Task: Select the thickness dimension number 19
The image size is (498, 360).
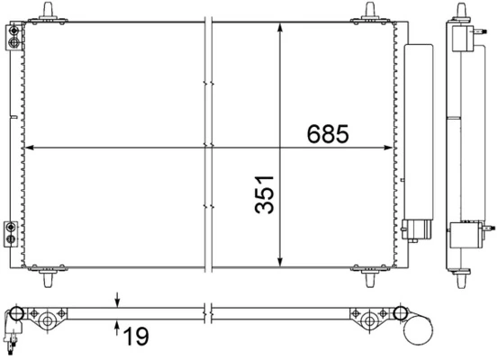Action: [136, 338]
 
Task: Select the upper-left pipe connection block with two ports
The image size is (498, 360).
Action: [14, 37]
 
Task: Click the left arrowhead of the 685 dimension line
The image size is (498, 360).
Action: [30, 147]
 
